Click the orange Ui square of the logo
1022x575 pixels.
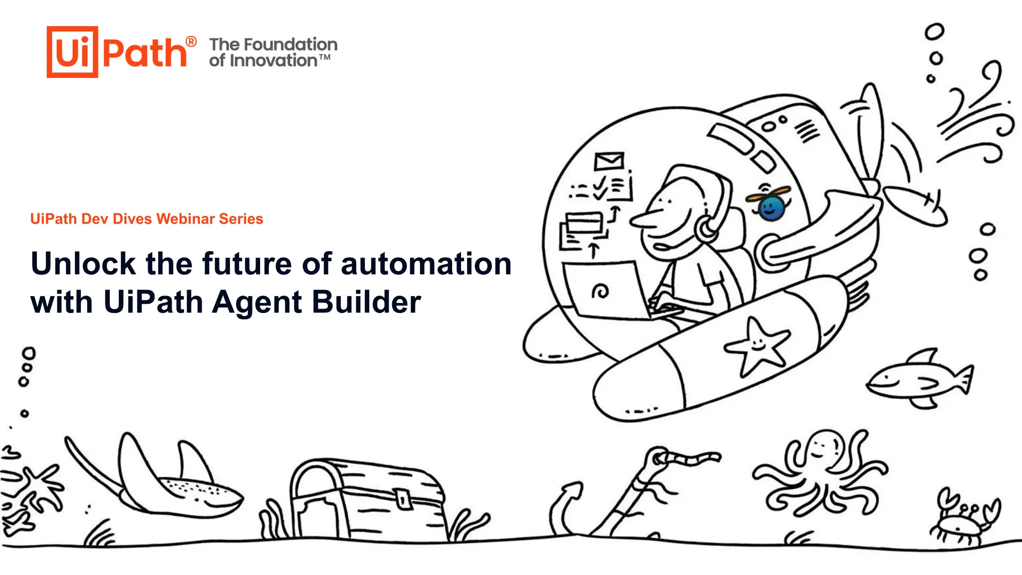[72, 52]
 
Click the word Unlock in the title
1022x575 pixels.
[83, 264]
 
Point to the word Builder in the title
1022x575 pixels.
[366, 302]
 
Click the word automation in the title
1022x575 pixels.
[426, 264]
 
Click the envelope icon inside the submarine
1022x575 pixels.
[609, 161]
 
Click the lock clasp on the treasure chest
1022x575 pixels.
[402, 498]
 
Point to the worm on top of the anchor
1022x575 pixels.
[689, 457]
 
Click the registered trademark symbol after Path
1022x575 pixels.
[191, 42]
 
